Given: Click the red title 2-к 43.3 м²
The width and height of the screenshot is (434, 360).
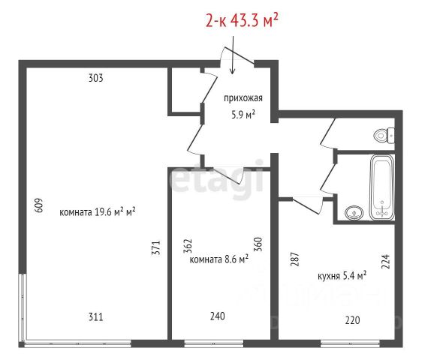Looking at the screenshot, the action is (x=242, y=20).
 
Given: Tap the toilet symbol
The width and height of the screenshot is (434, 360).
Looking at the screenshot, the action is (x=384, y=136).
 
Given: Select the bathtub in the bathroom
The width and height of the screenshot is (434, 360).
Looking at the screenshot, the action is (x=382, y=187).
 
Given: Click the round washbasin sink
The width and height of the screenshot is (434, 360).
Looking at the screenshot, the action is (x=354, y=213).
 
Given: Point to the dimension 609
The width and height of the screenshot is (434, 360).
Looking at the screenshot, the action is (x=39, y=205).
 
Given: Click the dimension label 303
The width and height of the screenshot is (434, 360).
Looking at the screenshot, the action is (x=96, y=78).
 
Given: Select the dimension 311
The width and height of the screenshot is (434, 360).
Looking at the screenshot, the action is (x=96, y=316).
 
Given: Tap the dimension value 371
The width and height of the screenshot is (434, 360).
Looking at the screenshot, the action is (x=156, y=247).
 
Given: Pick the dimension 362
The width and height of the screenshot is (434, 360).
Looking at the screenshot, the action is (x=188, y=246).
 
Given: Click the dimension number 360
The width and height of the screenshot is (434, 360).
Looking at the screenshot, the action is (x=258, y=244).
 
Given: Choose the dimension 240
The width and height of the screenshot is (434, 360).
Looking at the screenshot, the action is (x=218, y=316).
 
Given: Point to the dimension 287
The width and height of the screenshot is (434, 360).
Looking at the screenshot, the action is (x=295, y=259).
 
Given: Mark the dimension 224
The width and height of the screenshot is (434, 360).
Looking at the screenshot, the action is (x=385, y=261).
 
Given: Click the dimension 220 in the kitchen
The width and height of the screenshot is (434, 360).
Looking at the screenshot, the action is (x=353, y=320).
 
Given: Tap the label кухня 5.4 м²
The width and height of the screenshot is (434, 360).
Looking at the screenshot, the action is (x=342, y=276).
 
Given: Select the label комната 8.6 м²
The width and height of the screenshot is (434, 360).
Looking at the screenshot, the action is (x=219, y=259).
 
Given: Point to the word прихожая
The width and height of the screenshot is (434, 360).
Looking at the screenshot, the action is (x=243, y=98).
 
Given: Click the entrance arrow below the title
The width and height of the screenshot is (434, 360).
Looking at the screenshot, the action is (x=233, y=55).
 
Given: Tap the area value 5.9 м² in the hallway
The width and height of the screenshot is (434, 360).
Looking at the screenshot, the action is (x=243, y=114).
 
